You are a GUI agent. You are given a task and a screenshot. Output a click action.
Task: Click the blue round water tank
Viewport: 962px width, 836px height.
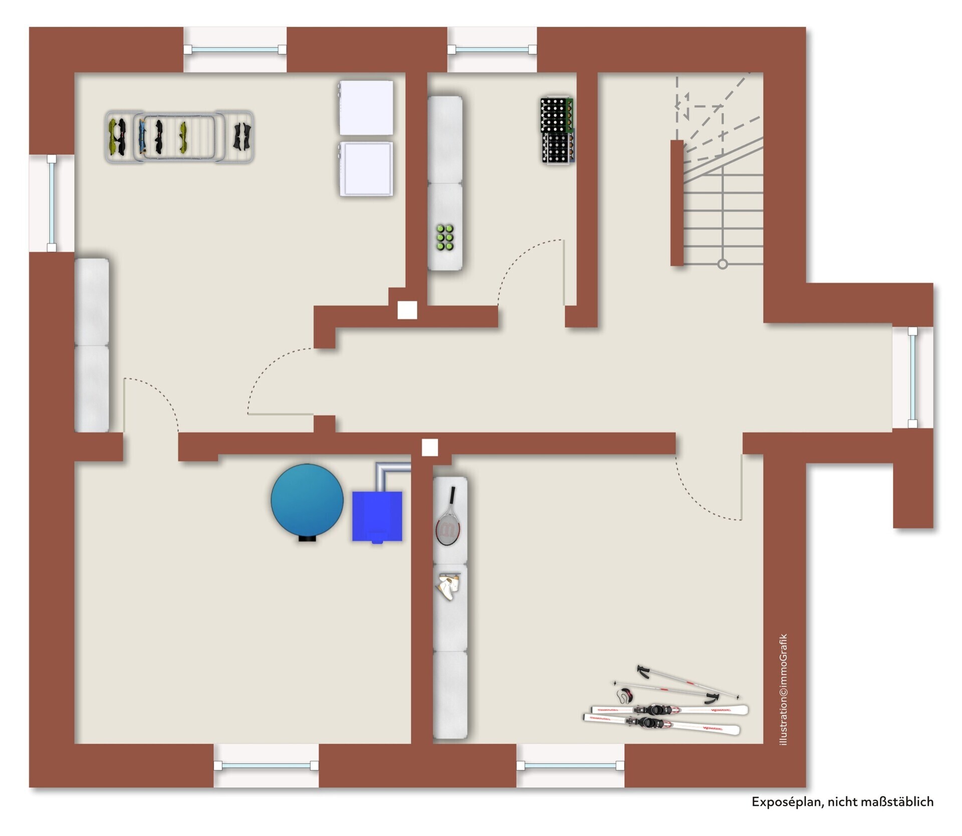click(307, 502)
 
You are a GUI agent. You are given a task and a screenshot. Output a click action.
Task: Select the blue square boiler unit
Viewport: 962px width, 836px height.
click(377, 517)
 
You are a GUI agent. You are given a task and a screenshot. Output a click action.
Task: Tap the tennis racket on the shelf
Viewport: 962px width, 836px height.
click(448, 517)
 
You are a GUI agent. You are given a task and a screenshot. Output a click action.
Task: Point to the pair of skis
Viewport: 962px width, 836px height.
click(665, 717)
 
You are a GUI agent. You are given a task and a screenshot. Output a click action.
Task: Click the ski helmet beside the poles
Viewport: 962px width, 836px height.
click(625, 695)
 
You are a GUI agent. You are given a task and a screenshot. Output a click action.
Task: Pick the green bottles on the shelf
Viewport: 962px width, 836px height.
click(445, 237)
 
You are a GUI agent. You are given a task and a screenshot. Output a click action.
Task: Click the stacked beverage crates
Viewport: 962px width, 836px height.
click(557, 130)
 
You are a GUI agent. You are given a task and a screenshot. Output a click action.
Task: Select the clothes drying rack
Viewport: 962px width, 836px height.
click(179, 136)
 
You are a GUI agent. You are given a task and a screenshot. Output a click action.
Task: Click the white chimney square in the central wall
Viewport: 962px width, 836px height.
click(429, 448)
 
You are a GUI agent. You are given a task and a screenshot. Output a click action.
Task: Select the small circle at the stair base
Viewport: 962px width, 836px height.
click(723, 264)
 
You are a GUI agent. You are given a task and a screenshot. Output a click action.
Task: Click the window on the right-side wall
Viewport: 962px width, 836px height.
click(913, 377)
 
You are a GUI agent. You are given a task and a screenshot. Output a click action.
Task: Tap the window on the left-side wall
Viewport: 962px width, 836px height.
click(52, 203)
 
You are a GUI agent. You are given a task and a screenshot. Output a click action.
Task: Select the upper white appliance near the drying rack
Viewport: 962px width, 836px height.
click(366, 108)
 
